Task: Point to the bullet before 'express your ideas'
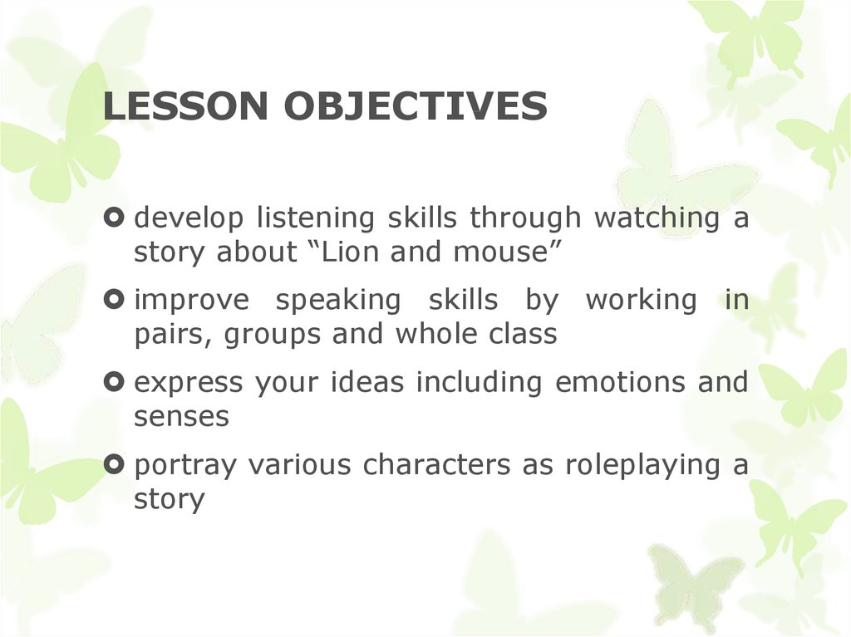click(x=116, y=383)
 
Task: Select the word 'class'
click(x=519, y=335)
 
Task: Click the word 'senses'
click(x=180, y=418)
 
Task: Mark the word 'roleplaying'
click(x=632, y=467)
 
